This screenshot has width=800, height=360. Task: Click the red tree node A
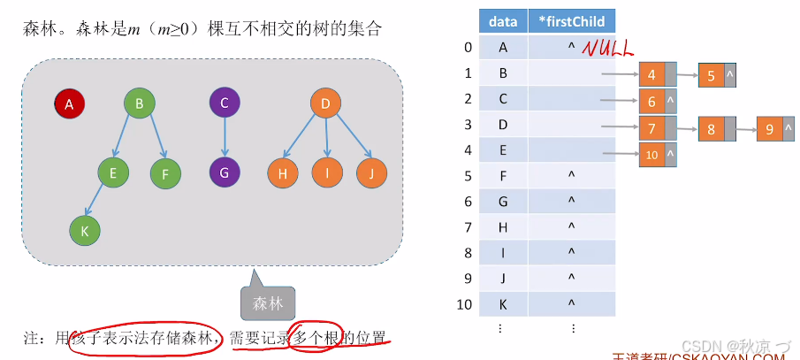tap(69, 104)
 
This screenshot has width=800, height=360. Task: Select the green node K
tap(85, 230)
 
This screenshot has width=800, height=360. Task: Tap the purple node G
tap(225, 172)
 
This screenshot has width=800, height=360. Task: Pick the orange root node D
tap(325, 104)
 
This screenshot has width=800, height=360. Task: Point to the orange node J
tap(372, 173)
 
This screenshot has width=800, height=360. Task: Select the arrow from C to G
tap(225, 138)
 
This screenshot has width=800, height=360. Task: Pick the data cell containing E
tap(503, 150)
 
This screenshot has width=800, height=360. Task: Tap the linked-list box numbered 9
tap(770, 130)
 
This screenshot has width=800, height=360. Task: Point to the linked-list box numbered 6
tap(651, 103)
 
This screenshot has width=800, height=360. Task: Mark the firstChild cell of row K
tap(571, 305)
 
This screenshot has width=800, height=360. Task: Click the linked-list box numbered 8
tap(711, 130)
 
